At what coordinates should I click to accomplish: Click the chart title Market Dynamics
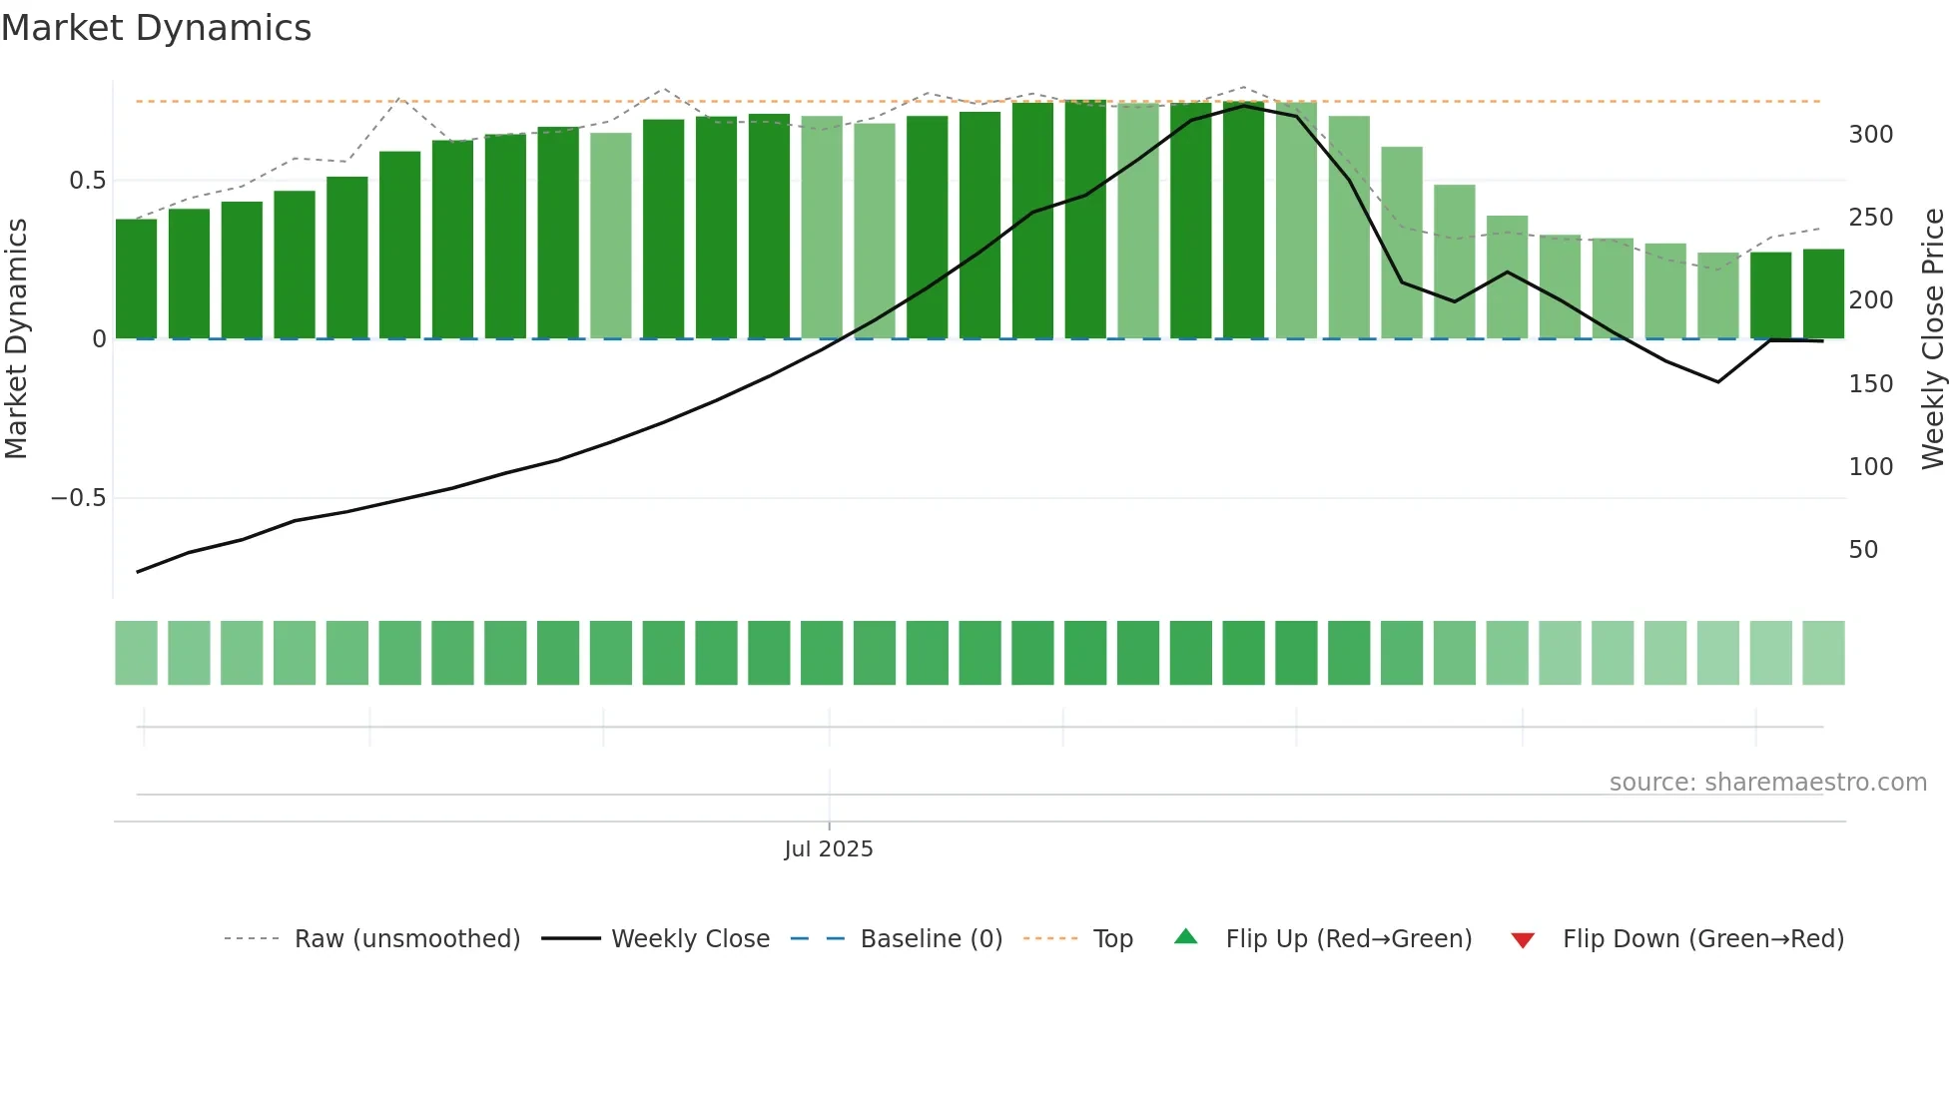[x=157, y=28]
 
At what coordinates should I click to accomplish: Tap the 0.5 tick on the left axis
[x=87, y=181]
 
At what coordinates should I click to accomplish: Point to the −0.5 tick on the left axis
[x=78, y=498]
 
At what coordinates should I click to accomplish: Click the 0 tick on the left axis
[x=99, y=339]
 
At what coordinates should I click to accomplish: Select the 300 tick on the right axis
[x=1870, y=135]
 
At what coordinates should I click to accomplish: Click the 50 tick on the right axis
[x=1863, y=550]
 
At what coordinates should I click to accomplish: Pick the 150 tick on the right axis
[x=1870, y=384]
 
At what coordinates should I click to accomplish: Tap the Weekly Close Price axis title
[x=1933, y=338]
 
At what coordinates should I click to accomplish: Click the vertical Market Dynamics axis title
[x=17, y=338]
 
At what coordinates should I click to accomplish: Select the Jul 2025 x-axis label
[x=829, y=849]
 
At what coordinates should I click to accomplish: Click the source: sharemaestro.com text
[x=1767, y=783]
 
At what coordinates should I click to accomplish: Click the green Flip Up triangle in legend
[x=1185, y=937]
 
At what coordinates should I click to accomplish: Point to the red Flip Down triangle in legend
[x=1523, y=940]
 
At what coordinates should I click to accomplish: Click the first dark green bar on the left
[x=136, y=278]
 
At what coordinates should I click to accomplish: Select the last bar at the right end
[x=1823, y=293]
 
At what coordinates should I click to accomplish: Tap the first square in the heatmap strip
[x=136, y=653]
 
